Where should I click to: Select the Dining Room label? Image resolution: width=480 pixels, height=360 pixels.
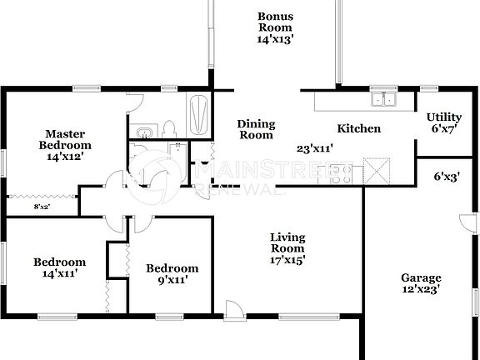[256, 129]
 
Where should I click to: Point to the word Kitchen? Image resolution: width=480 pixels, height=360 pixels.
[358, 128]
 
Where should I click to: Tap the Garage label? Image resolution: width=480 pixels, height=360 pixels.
[421, 278]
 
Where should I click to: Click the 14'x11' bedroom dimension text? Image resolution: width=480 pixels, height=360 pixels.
[59, 272]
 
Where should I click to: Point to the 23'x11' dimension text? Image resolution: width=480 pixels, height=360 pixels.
[315, 149]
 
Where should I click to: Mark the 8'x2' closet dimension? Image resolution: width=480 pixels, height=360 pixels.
[42, 206]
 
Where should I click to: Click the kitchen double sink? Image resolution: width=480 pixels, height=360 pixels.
[384, 101]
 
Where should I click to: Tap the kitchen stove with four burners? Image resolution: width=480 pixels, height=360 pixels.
[342, 174]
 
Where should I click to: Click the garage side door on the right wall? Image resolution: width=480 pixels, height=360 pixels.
[466, 224]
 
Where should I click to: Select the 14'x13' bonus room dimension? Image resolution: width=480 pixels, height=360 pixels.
[275, 37]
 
